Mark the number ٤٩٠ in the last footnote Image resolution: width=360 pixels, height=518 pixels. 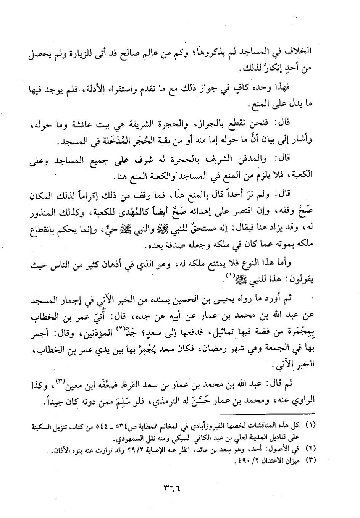click(x=237, y=460)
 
